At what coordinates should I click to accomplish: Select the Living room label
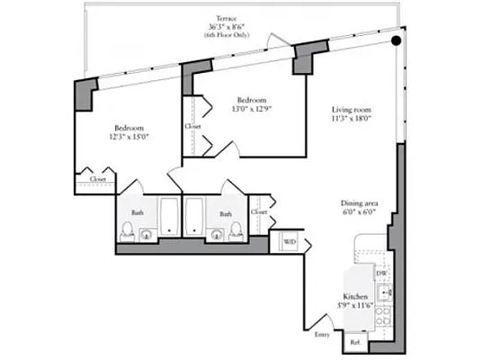pyautogui.click(x=352, y=109)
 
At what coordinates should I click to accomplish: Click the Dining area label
pyautogui.click(x=357, y=203)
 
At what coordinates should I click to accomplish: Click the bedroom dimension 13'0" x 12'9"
pyautogui.click(x=254, y=109)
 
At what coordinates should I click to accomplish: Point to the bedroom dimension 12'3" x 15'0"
pyautogui.click(x=130, y=136)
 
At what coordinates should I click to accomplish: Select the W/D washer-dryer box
pyautogui.click(x=290, y=243)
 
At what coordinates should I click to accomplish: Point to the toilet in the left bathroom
pyautogui.click(x=146, y=235)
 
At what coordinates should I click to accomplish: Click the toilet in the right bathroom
pyautogui.click(x=237, y=235)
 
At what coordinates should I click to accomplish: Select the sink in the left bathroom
pyautogui.click(x=124, y=236)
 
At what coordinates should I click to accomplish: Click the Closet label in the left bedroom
pyautogui.click(x=97, y=179)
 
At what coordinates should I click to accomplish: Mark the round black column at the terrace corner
pyautogui.click(x=394, y=39)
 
